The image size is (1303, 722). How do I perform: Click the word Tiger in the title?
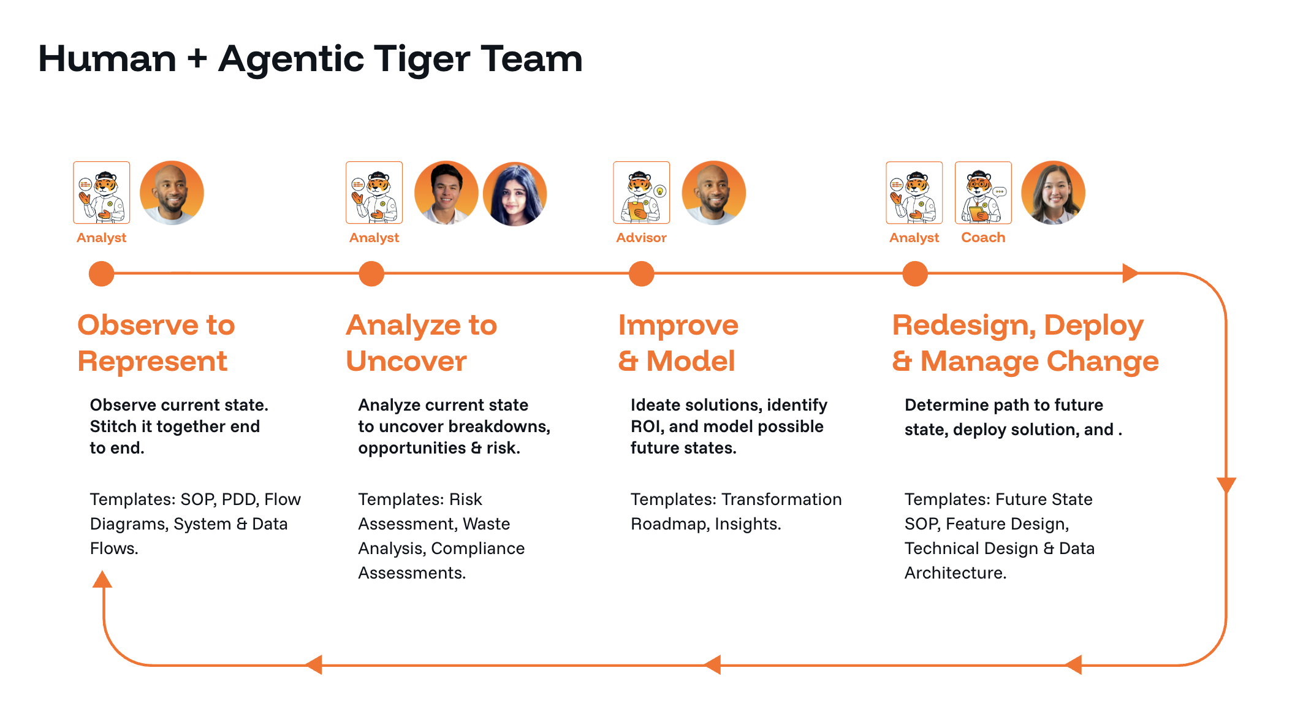(422, 59)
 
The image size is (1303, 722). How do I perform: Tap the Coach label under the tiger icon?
(983, 238)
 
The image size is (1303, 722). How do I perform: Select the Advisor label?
(641, 238)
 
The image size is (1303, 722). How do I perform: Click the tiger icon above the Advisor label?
(641, 192)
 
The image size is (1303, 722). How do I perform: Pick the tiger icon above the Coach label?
(983, 192)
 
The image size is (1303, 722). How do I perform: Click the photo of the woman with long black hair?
(515, 193)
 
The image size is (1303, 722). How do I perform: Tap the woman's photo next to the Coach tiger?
(1053, 192)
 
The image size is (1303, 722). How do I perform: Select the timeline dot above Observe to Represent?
(102, 273)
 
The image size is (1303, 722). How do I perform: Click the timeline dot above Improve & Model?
(641, 273)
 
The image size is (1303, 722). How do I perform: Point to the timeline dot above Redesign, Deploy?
(914, 273)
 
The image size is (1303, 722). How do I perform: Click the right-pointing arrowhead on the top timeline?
(1130, 273)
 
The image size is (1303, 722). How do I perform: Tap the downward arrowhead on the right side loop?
(1226, 485)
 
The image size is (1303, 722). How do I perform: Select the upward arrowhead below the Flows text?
(102, 579)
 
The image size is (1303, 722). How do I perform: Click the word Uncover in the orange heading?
(406, 361)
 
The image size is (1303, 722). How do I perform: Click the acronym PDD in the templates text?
(239, 500)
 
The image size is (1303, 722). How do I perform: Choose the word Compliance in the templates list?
(477, 549)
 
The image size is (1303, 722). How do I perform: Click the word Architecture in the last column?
(955, 573)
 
